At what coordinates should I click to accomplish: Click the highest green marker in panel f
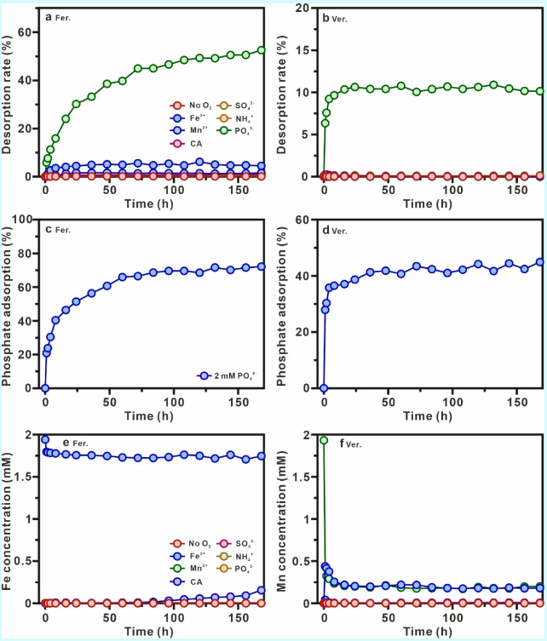coord(324,440)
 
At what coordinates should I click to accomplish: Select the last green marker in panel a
coord(262,49)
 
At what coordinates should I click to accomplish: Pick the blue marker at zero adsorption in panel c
coord(45,388)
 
